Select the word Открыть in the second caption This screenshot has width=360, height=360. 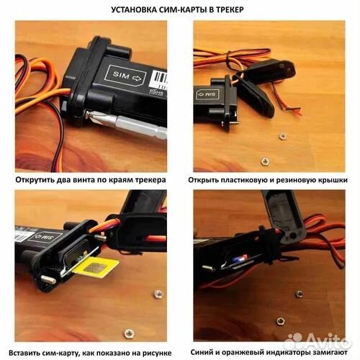coord(208,179)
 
